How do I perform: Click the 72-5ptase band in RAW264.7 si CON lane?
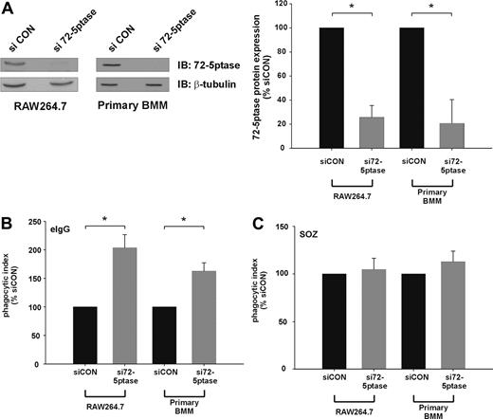click(20, 64)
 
